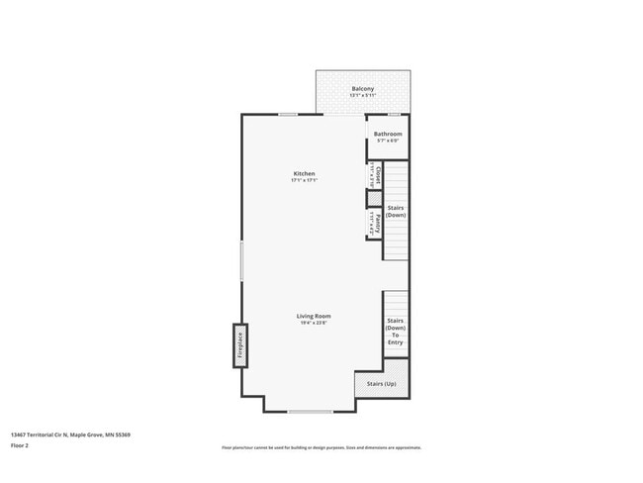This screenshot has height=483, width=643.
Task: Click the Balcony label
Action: click(362, 89)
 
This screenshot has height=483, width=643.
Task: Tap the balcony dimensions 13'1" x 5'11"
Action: click(362, 96)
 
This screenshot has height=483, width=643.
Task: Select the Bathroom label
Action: click(387, 133)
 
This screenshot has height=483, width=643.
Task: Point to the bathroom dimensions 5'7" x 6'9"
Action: click(387, 140)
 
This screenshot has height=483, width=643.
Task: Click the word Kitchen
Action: click(304, 173)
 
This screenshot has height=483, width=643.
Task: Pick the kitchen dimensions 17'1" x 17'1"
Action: click(304, 180)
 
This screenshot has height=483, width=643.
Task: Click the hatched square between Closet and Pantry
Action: click(375, 198)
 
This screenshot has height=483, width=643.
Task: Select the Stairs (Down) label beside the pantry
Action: click(396, 212)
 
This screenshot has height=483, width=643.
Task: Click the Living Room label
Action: click(313, 316)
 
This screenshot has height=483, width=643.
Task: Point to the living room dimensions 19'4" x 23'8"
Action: click(313, 323)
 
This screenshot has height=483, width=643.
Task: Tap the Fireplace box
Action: click(239, 345)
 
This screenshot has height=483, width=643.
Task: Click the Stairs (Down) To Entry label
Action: click(396, 332)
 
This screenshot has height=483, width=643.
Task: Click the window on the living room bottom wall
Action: click(310, 411)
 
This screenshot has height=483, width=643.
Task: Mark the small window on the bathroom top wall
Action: click(394, 115)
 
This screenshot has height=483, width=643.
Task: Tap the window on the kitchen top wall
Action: click(289, 114)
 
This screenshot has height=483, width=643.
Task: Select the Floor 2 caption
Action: click(21, 446)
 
